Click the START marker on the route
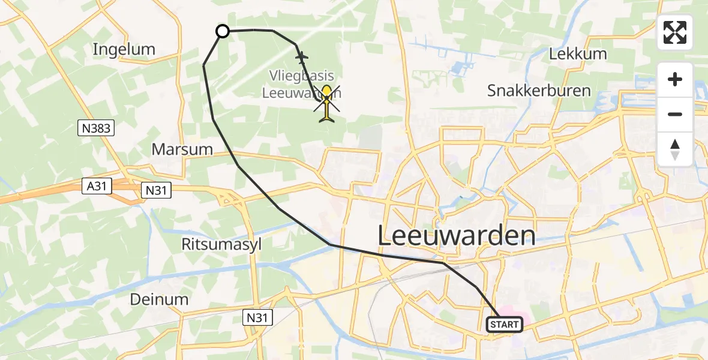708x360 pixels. coord(504,325)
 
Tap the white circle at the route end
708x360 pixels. coord(223,31)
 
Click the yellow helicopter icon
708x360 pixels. coord(327,103)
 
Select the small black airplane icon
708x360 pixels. coord(301,57)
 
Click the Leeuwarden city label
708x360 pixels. coord(457,235)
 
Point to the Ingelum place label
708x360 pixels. coord(124,49)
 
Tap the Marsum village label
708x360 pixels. coord(182,149)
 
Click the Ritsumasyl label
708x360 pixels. coord(221,244)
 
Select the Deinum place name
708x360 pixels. coord(160,299)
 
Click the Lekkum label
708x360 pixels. coord(578,53)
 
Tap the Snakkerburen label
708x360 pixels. coord(539,91)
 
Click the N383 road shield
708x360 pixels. coord(95,128)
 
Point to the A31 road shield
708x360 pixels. coord(97,187)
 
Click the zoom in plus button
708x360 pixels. coord(675,79)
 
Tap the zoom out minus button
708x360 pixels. coord(675,114)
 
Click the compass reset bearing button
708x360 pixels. coord(675,149)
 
